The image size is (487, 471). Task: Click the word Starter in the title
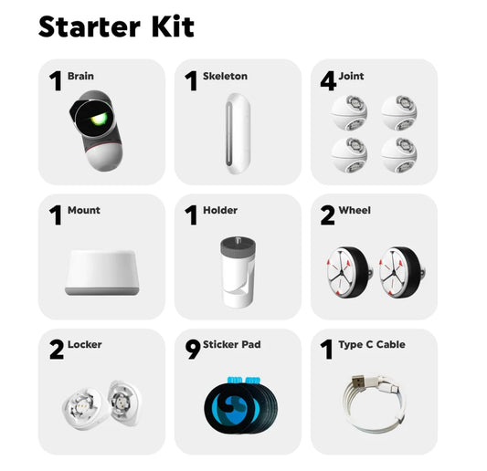90,26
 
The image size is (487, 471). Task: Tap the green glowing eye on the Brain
99,119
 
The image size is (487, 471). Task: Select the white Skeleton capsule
238,133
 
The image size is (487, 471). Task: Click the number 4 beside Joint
328,80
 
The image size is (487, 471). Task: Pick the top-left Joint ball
348,112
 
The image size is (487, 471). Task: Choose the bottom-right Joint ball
399,154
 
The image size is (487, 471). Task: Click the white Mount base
101,272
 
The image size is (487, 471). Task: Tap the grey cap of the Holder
238,247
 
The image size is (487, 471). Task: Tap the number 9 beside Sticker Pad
193,350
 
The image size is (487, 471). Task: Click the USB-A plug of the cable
359,382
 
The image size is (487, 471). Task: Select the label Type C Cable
372,344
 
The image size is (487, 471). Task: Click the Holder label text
220,210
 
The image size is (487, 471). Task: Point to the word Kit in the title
173,26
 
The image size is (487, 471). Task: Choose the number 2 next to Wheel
328,215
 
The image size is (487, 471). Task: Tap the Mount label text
84,210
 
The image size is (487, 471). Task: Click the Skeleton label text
225,76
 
